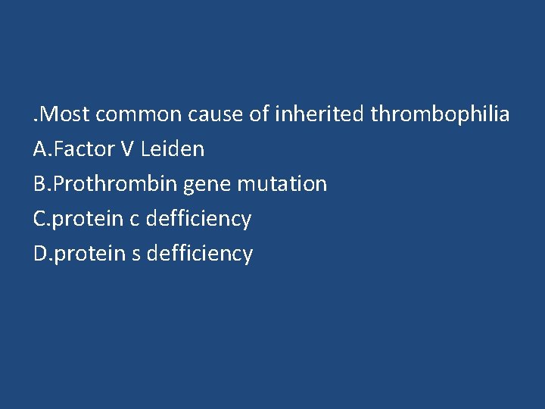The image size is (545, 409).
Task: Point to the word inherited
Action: coord(319,115)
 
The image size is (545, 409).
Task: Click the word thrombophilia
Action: coord(441,115)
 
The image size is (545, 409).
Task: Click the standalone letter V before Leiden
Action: coord(127,149)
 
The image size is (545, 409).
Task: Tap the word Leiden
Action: coord(173,149)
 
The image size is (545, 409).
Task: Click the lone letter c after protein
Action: coord(135,219)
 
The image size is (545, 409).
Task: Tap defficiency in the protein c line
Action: coord(198,219)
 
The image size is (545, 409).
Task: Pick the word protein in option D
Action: coord(90,254)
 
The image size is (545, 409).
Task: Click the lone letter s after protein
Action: coord(136,254)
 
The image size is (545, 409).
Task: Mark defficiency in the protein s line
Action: coord(200,254)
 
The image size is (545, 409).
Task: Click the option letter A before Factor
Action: coord(40,149)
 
